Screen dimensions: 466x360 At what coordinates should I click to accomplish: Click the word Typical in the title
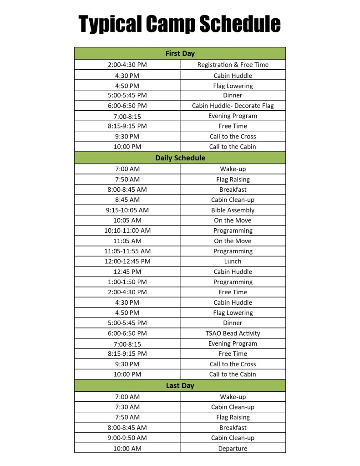(109, 24)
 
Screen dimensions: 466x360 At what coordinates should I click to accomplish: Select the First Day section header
(180, 53)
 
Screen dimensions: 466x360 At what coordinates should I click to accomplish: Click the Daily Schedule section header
(180, 158)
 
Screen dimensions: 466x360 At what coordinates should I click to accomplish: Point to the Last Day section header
(180, 385)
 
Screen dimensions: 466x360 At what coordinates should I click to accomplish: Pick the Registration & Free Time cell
(233, 65)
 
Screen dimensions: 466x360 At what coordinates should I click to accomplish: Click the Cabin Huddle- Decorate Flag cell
(233, 106)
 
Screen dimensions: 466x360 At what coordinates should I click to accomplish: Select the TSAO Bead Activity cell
(233, 333)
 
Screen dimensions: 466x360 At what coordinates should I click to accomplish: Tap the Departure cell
(233, 448)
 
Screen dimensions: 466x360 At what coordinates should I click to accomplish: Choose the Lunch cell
(233, 261)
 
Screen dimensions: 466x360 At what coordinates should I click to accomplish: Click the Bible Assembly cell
(233, 210)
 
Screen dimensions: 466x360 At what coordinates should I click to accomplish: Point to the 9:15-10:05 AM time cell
(127, 210)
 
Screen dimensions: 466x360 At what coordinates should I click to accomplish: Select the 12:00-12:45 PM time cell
(127, 261)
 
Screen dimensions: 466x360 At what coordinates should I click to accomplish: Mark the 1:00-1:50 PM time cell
(127, 282)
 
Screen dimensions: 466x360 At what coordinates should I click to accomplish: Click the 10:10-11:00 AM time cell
(127, 230)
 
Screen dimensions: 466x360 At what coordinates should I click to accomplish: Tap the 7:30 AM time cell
(127, 407)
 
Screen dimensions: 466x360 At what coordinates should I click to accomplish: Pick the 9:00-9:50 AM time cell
(127, 438)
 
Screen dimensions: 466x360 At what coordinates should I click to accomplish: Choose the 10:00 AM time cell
(127, 448)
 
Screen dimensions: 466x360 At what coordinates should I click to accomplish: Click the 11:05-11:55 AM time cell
(127, 251)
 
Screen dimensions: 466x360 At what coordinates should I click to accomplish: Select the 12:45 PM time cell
(127, 271)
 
